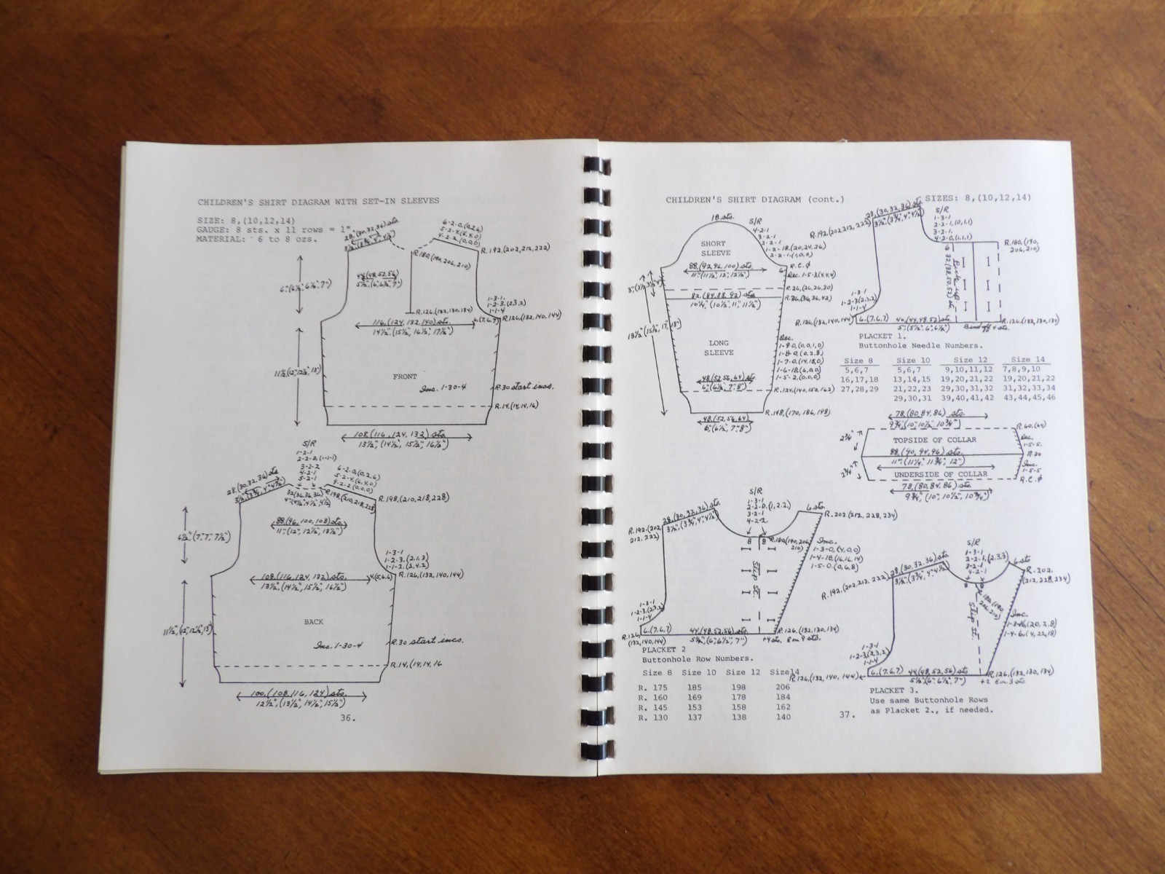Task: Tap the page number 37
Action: point(845,714)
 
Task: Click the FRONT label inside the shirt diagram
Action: point(405,376)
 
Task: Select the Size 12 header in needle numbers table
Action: point(968,360)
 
